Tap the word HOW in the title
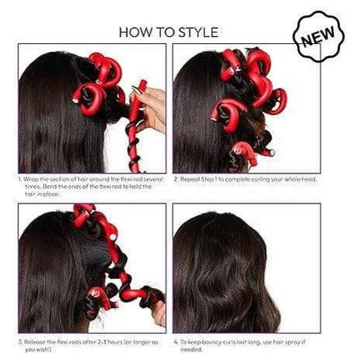point(140,32)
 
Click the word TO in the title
point(170,32)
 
